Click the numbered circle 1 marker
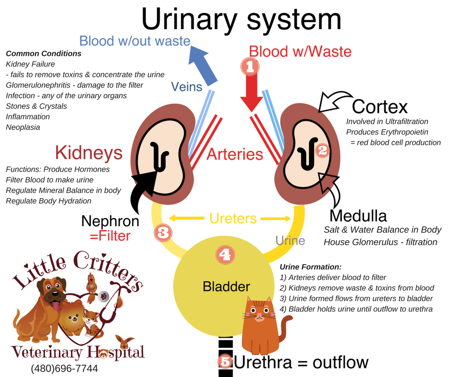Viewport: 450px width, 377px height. pos(250,67)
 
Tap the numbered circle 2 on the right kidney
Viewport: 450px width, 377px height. pos(322,151)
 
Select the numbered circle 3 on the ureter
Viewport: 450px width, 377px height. pos(162,233)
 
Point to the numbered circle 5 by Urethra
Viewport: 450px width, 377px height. pos(225,361)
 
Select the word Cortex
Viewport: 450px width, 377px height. pos(380,107)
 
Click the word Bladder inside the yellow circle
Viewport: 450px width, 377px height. pos(226,287)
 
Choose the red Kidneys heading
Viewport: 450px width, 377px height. pos(89,153)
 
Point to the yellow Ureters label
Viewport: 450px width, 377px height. pos(233,219)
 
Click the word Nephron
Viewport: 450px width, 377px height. pos(110,221)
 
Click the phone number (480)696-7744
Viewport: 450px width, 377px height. pos(65,369)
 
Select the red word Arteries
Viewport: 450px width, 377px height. pos(235,154)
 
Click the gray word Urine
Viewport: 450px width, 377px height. pos(291,240)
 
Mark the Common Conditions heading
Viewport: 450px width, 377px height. pos(44,54)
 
